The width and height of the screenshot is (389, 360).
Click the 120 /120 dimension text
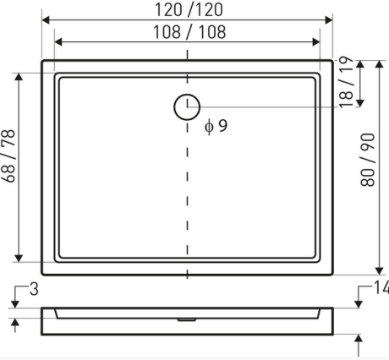(x=188, y=10)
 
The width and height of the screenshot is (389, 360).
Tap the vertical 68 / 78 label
(x=9, y=166)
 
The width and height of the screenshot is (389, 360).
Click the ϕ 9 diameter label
(x=216, y=127)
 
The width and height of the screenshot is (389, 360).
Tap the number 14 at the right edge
(x=380, y=289)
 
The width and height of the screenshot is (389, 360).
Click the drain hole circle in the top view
(x=187, y=106)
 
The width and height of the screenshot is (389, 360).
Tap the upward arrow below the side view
(x=361, y=340)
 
